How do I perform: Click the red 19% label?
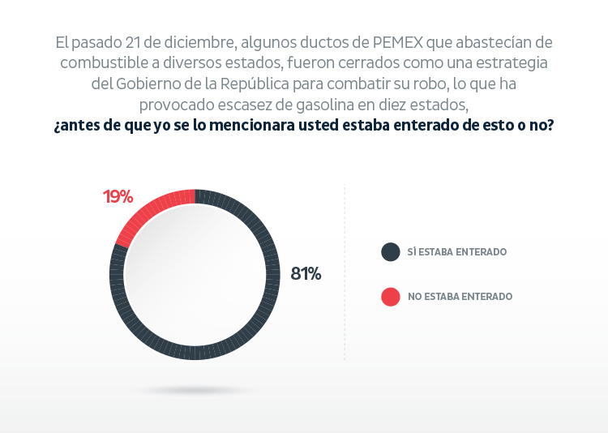coord(118,196)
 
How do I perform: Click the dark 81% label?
coord(306,274)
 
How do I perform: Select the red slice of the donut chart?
coord(151,210)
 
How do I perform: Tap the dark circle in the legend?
coord(391,251)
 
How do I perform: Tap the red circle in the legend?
coord(391,297)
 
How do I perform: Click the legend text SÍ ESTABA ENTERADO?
coord(457,252)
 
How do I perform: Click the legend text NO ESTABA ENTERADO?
coord(460,297)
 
